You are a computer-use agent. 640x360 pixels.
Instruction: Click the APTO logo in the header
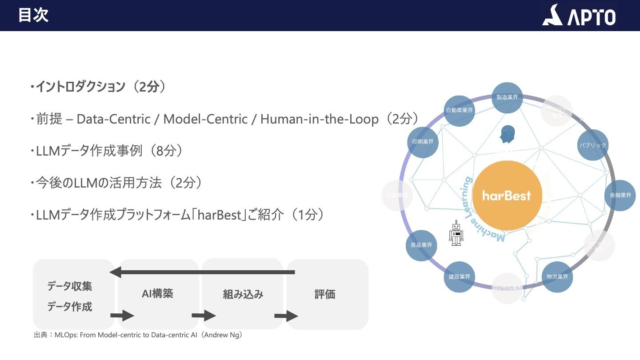[x=579, y=16]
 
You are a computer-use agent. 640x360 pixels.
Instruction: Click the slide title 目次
[x=33, y=16]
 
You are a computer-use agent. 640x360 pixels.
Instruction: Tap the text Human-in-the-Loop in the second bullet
[x=319, y=119]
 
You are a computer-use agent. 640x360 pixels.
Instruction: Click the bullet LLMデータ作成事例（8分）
[x=107, y=151]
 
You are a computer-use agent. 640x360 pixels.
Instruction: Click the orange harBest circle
[x=507, y=196]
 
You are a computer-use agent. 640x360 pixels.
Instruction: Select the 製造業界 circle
[x=507, y=97]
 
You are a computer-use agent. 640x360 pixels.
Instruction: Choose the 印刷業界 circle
[x=422, y=142]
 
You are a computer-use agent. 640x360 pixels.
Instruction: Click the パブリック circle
[x=592, y=145]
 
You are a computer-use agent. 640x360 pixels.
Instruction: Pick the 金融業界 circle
[x=620, y=195]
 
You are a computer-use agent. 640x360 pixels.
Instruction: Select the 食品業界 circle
[x=421, y=245]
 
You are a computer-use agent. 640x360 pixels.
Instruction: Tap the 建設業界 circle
[x=459, y=277]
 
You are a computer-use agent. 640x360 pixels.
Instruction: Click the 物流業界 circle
[x=557, y=277]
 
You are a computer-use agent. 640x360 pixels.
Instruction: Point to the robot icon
[x=456, y=233]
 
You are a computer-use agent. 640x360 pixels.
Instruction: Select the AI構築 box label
[x=157, y=293]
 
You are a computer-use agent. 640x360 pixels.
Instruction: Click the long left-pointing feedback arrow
[x=202, y=272]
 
